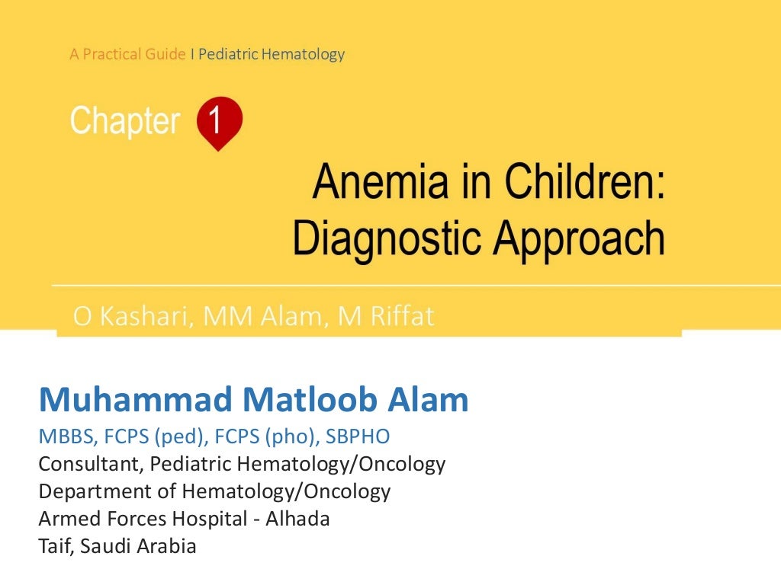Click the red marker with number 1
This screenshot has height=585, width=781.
pyautogui.click(x=219, y=122)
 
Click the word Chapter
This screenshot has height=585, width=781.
pyautogui.click(x=125, y=122)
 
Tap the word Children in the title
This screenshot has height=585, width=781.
pyautogui.click(x=577, y=185)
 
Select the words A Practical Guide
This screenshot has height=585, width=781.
pyautogui.click(x=127, y=54)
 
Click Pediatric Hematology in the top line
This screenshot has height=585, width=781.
pyautogui.click(x=272, y=54)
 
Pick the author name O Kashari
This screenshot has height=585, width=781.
pyautogui.click(x=127, y=316)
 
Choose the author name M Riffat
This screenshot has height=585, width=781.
pyautogui.click(x=385, y=316)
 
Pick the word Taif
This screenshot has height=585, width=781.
pyautogui.click(x=54, y=546)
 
